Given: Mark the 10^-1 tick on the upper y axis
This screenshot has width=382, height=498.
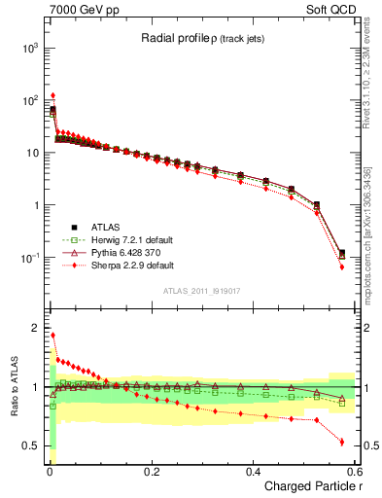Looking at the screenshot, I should click(x=29, y=258).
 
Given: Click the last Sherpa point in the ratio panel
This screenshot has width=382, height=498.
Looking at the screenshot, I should click(x=341, y=442).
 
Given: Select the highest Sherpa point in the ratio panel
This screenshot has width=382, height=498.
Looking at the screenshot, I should click(x=52, y=335).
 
